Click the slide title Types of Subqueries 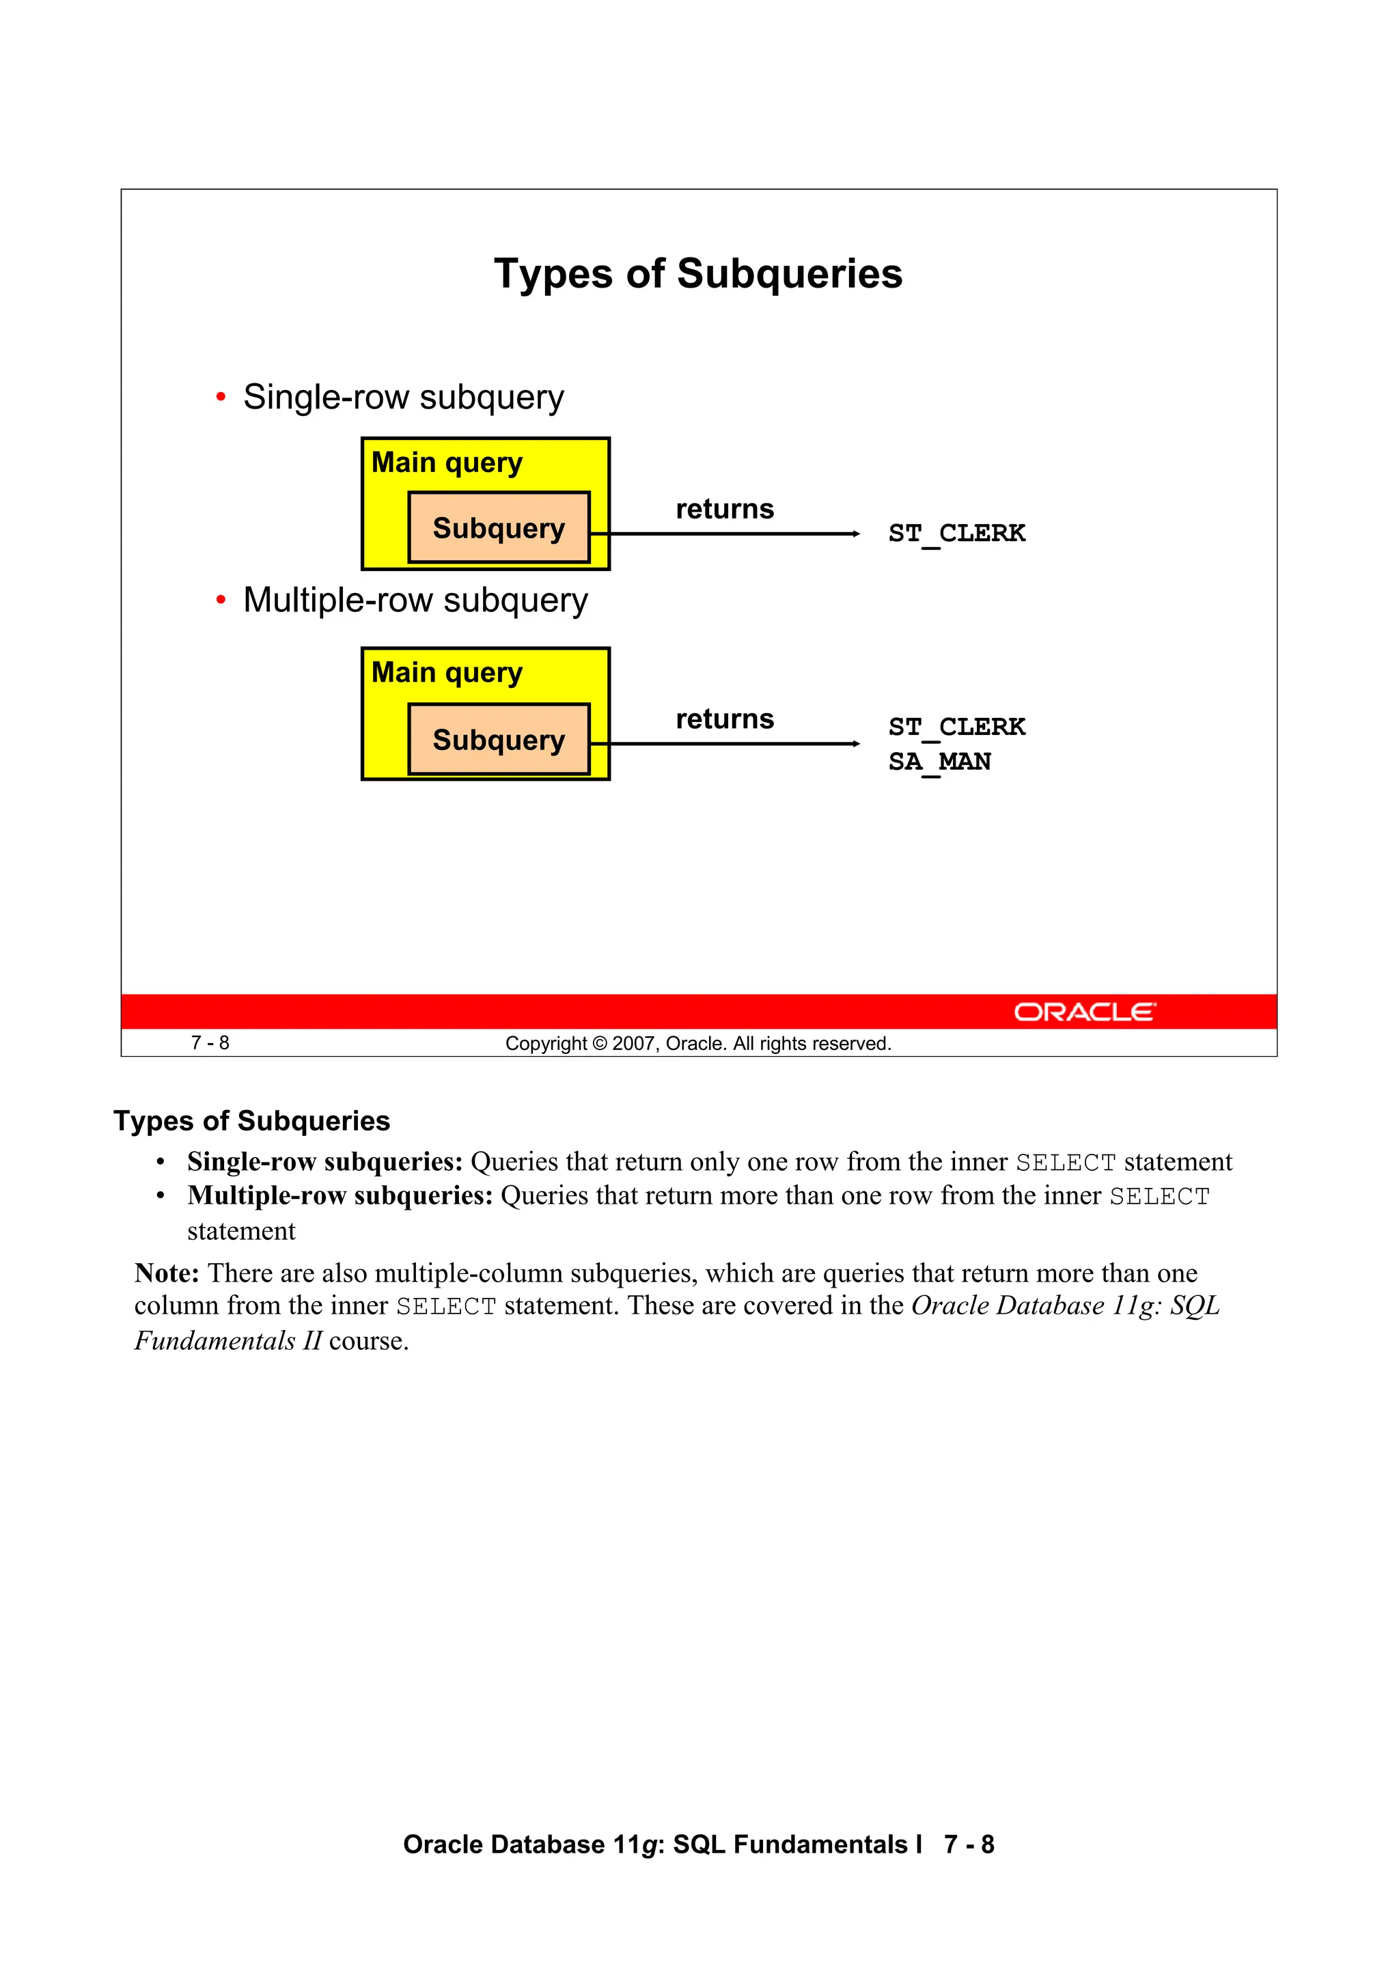click(698, 274)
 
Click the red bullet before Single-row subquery click(221, 398)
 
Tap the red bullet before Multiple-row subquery click(221, 600)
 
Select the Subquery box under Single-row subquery click(498, 527)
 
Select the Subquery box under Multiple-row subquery click(498, 740)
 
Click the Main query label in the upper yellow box click(447, 463)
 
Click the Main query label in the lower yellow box click(447, 672)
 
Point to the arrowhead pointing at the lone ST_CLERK click(855, 534)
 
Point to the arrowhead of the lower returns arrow click(855, 744)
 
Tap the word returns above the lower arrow click(724, 719)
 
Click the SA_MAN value click(939, 762)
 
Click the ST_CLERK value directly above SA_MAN click(957, 727)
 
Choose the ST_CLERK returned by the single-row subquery click(957, 534)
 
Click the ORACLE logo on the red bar click(1083, 1012)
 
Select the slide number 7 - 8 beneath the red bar click(210, 1043)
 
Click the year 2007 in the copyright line click(633, 1044)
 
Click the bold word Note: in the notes click(167, 1273)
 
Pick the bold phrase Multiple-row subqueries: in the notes click(340, 1195)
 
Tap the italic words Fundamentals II click(227, 1341)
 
